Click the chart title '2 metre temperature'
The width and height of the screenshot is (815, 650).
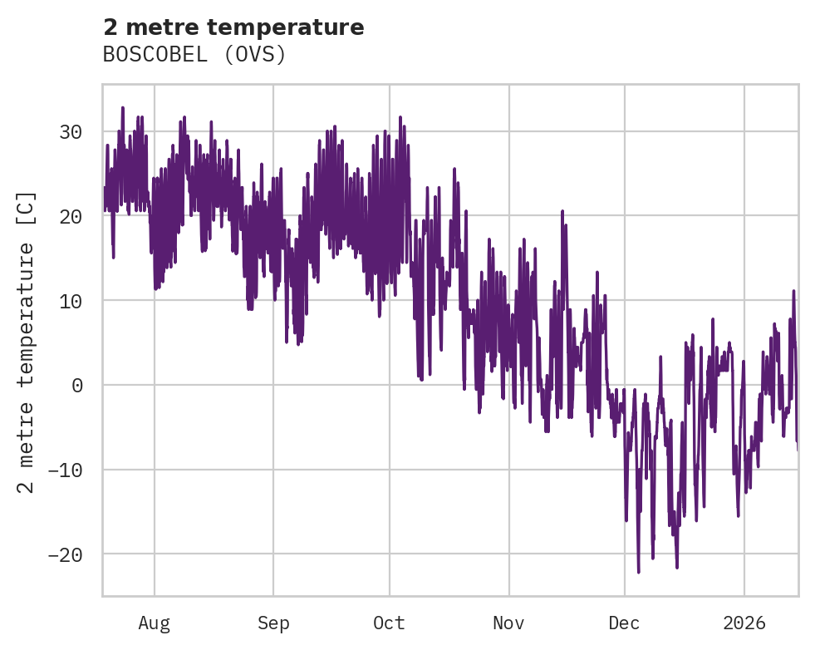(233, 27)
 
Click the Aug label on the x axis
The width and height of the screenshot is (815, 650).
(154, 623)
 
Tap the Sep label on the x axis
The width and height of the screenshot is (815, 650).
(272, 623)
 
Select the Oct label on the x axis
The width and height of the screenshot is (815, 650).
(389, 623)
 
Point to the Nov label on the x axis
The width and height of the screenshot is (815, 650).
(508, 623)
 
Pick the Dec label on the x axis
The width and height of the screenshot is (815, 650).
(624, 623)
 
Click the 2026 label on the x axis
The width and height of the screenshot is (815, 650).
(744, 623)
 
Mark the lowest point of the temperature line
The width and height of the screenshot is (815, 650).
(639, 572)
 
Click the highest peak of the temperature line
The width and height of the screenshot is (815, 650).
(122, 107)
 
